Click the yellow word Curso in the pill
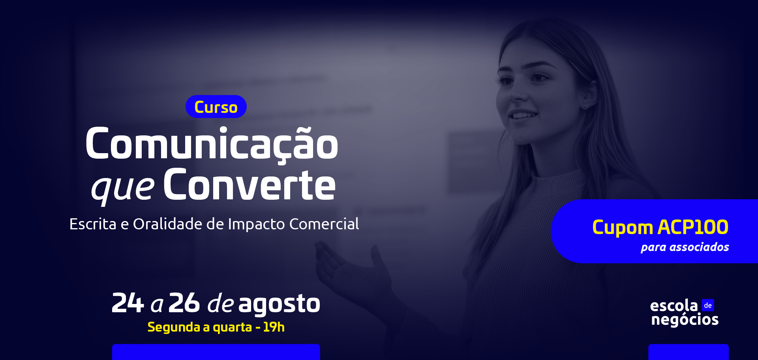216,107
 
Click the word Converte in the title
249,185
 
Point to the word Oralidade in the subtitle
168,224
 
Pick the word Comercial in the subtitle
324,224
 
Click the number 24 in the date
128,303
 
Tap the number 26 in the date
184,303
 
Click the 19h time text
274,327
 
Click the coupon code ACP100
693,227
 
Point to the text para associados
685,247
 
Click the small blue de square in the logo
708,305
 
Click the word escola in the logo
674,306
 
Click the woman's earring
585,106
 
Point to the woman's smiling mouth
523,115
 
